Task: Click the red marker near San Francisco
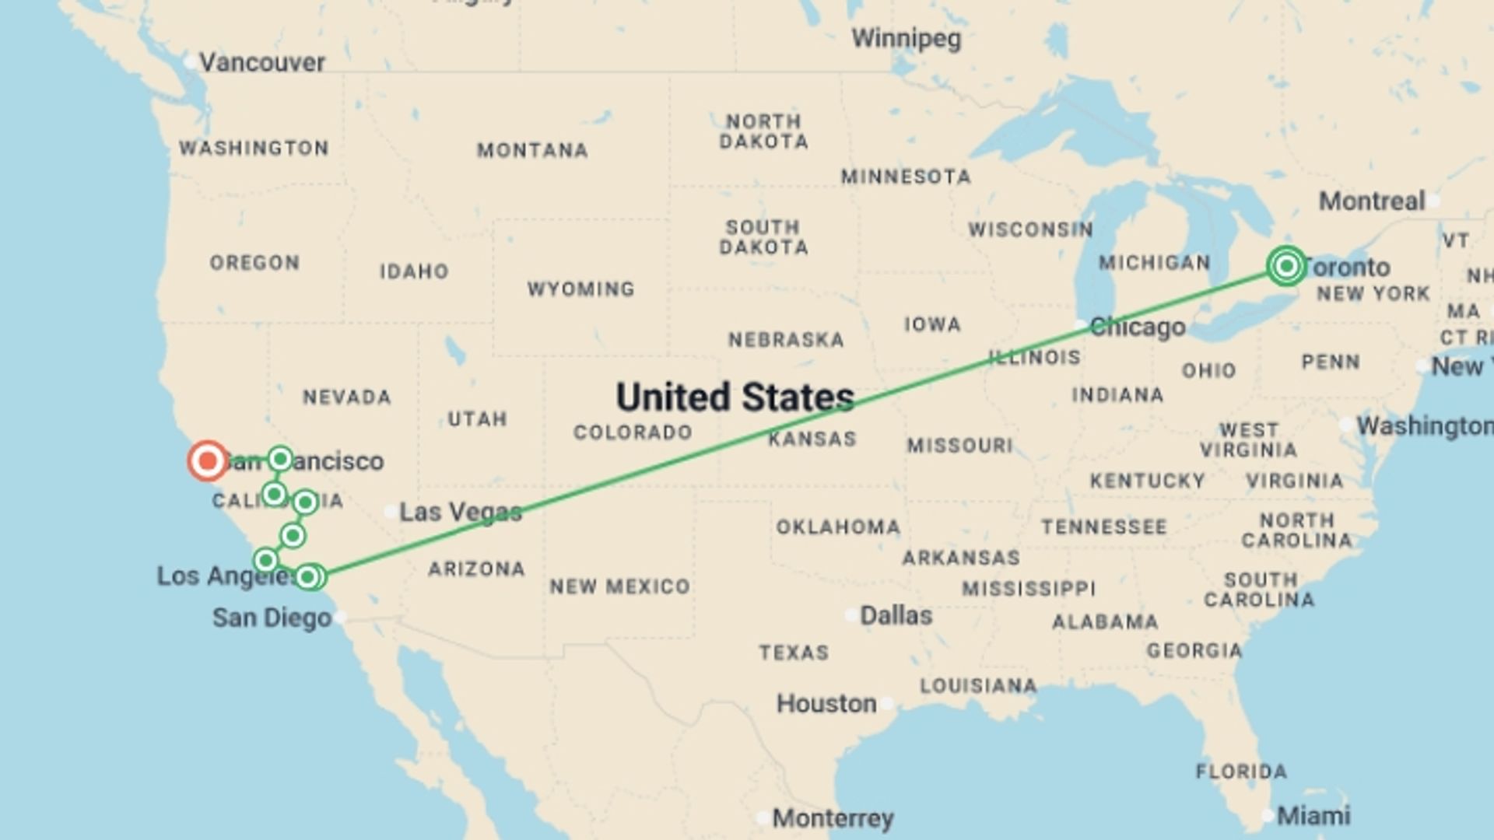208,461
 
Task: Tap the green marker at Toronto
1286,266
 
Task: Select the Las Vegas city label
460,512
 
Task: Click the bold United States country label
735,397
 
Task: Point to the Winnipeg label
906,38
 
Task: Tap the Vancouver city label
261,62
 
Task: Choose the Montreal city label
1371,201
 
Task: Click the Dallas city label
896,615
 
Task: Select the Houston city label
826,703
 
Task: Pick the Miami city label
1313,815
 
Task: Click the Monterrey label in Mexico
833,818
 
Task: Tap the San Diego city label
272,618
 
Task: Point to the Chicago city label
1137,327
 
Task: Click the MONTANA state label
532,150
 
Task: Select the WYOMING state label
580,289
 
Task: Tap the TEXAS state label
794,652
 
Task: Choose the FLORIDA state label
1241,772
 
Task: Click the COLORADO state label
633,432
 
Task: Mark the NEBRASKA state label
786,340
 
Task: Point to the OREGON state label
254,263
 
